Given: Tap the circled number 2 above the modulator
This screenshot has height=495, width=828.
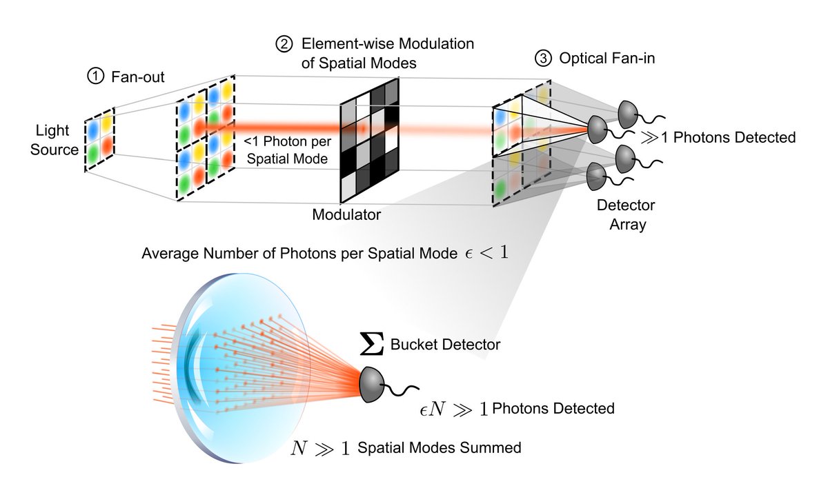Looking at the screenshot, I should point(284,43).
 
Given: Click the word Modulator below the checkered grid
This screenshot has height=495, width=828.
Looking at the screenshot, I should point(346,214).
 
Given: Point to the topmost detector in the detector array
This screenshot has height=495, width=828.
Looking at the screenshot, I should point(629,112).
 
